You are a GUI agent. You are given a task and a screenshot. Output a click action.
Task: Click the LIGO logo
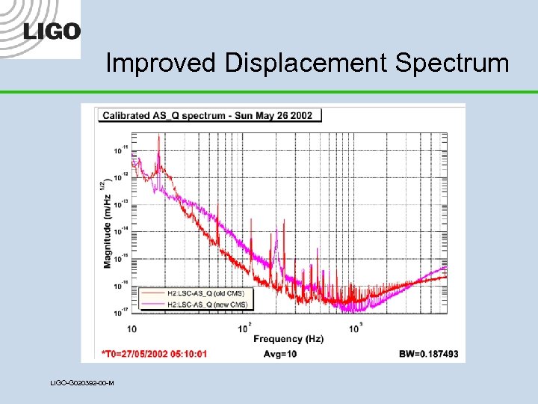[52, 31]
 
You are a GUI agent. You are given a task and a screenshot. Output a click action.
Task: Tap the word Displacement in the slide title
[305, 63]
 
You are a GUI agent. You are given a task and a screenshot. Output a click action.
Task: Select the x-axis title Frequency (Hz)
[288, 339]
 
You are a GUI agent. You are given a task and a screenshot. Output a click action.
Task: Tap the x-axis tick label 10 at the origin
[132, 328]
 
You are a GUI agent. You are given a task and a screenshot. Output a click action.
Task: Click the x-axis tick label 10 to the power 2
[244, 328]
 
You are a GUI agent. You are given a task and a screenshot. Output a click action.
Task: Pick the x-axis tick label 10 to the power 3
[356, 328]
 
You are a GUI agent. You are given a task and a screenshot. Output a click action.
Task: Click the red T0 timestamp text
[155, 353]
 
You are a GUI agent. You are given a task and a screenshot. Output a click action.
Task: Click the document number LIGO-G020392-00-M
[81, 383]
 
